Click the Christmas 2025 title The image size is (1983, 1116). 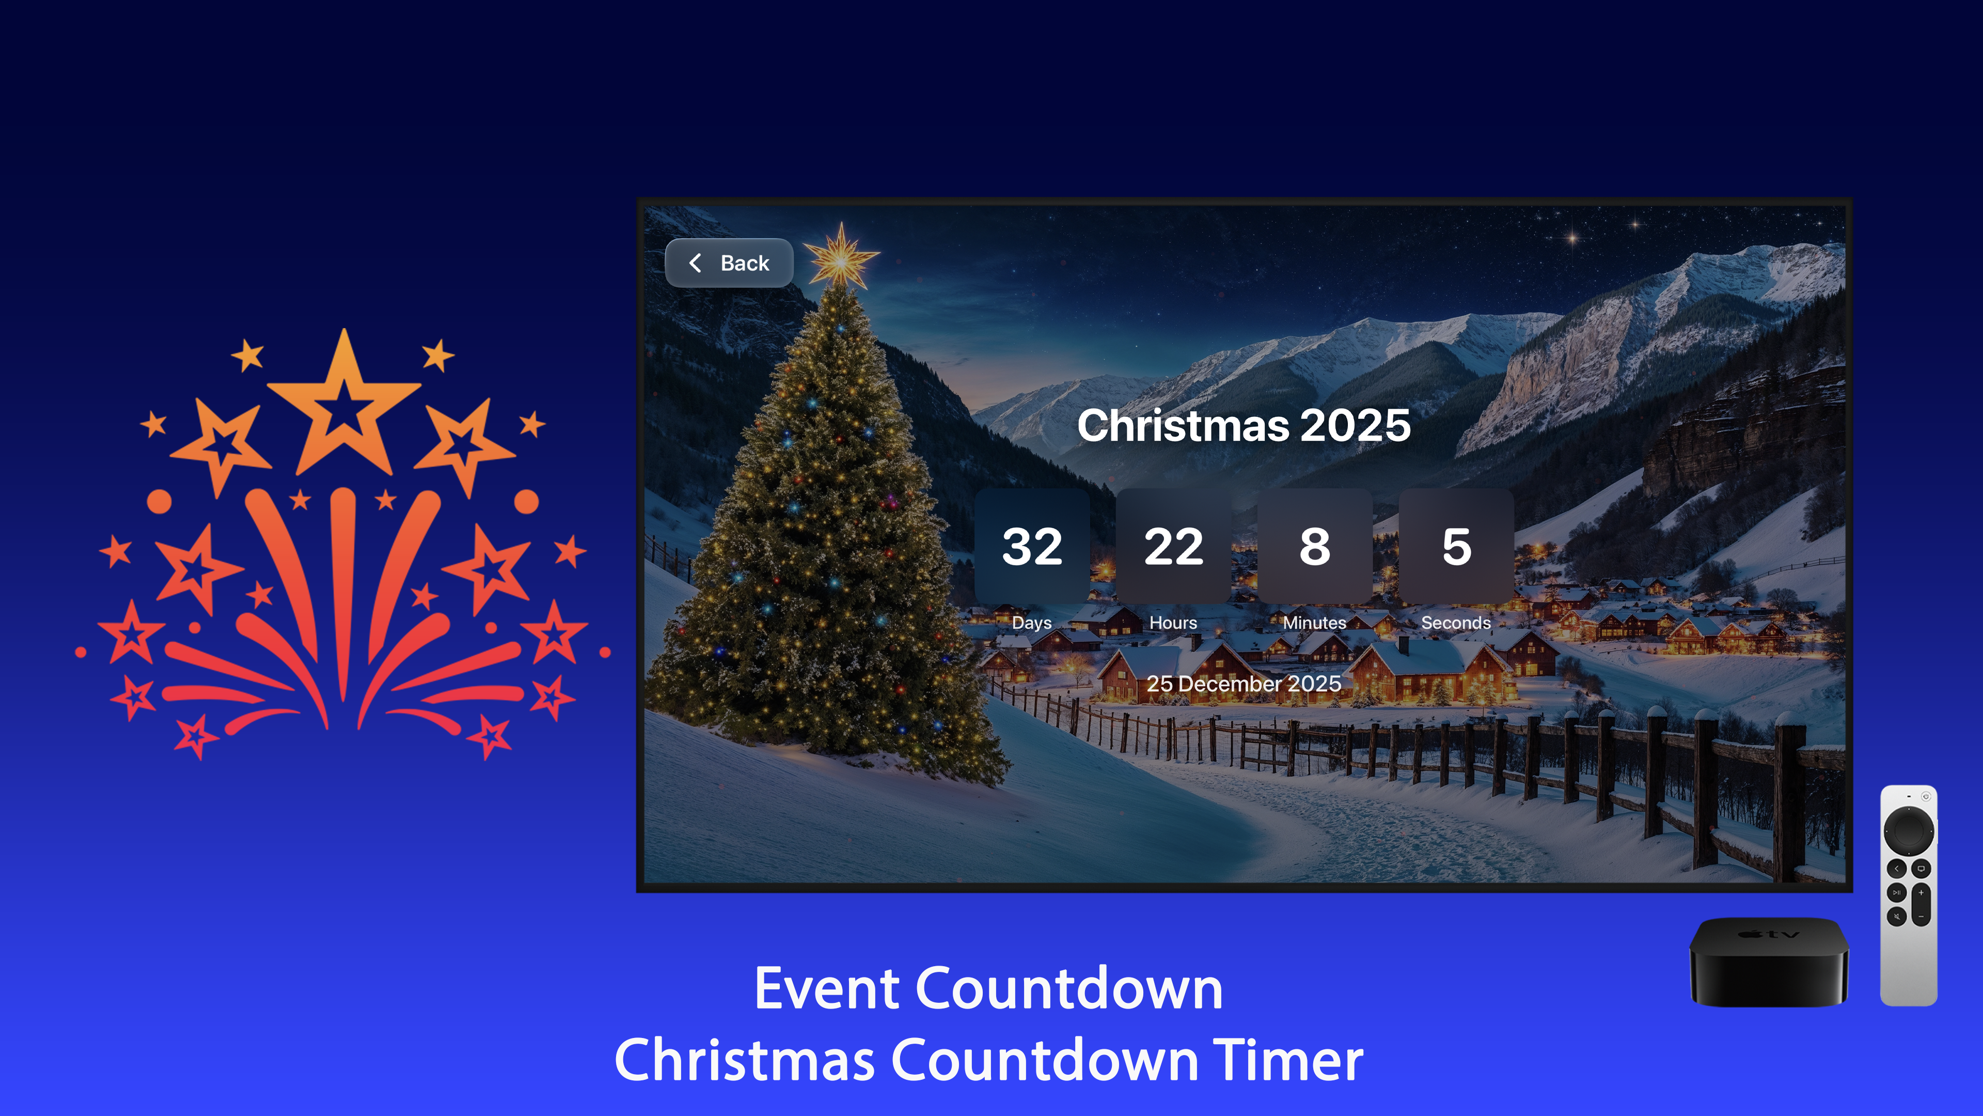(x=1243, y=425)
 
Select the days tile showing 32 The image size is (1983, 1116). (x=1032, y=546)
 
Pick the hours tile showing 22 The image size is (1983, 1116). (x=1173, y=546)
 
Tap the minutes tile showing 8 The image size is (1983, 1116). (x=1314, y=546)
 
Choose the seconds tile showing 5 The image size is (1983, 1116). (x=1456, y=546)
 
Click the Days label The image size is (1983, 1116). (x=1032, y=622)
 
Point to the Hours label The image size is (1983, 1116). (x=1173, y=622)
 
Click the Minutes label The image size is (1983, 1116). (x=1314, y=622)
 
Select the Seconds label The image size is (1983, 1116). (x=1456, y=622)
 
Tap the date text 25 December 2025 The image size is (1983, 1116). (x=1243, y=683)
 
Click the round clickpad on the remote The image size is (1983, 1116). (x=1908, y=830)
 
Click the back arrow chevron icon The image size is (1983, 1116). (x=695, y=263)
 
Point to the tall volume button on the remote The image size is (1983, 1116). (x=1921, y=904)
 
